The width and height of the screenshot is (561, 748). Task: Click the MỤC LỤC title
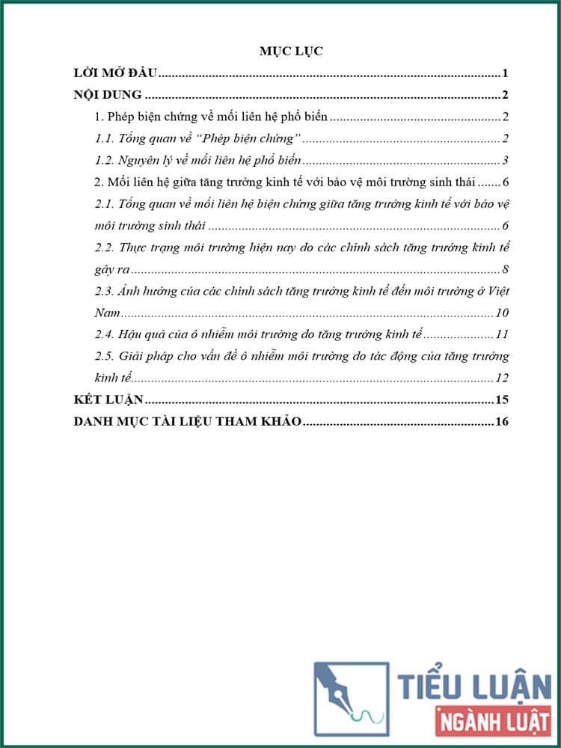pos(290,51)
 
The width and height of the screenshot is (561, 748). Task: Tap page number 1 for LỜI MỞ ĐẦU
pos(506,73)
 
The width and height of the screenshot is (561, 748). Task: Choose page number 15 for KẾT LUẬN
pos(502,399)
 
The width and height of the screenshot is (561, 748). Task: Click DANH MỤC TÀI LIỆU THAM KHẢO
pos(188,422)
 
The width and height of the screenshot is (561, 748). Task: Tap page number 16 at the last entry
pos(502,422)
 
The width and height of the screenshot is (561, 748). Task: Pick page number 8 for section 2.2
pos(506,269)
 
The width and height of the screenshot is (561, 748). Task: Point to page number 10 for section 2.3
pos(502,313)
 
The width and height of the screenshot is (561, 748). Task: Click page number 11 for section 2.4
pos(502,334)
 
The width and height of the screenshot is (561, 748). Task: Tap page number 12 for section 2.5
pos(502,378)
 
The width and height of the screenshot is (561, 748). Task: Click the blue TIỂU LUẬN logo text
pos(474,687)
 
